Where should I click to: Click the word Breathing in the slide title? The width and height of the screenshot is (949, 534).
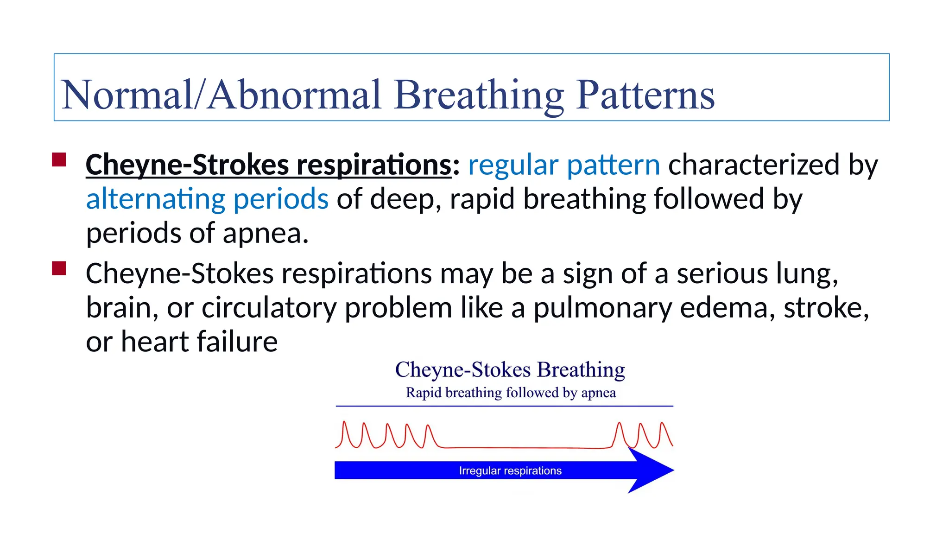pyautogui.click(x=479, y=95)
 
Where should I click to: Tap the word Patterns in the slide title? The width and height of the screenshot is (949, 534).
pyautogui.click(x=645, y=95)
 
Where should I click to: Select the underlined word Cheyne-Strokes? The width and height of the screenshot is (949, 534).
pyautogui.click(x=187, y=165)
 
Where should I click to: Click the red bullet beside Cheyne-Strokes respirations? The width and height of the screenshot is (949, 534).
pyautogui.click(x=59, y=160)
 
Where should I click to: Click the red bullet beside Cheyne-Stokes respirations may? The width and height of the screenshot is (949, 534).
pyautogui.click(x=59, y=268)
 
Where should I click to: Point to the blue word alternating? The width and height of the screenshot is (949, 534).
pyautogui.click(x=155, y=199)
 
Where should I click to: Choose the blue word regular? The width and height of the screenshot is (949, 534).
pyautogui.click(x=513, y=165)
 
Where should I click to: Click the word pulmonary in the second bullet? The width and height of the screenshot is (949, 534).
pyautogui.click(x=602, y=308)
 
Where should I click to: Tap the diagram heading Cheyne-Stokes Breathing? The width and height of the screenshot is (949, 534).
pyautogui.click(x=510, y=370)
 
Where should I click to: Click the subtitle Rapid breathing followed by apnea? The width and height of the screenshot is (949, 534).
pyautogui.click(x=511, y=393)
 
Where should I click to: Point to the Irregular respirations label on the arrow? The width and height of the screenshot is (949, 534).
pyautogui.click(x=510, y=470)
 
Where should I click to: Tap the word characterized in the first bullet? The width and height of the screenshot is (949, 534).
pyautogui.click(x=753, y=165)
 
